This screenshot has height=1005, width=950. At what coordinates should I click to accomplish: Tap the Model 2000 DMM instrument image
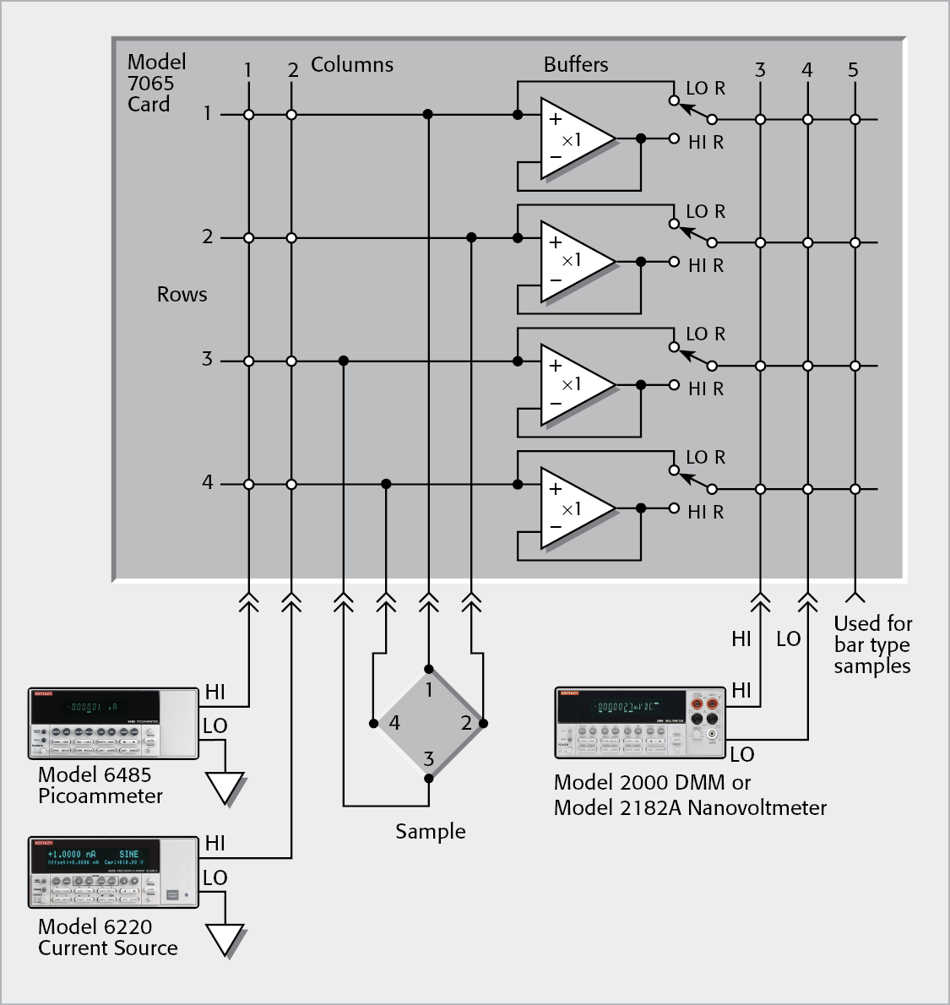coord(640,722)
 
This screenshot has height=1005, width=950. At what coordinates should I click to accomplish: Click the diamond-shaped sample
coord(428,723)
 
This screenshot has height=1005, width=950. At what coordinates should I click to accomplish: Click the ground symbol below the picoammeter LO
coord(225,789)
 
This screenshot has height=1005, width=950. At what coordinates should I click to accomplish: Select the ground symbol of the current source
coord(225,940)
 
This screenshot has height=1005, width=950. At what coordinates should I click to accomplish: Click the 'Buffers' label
coord(575,65)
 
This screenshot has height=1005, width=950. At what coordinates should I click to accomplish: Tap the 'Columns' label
coord(351,65)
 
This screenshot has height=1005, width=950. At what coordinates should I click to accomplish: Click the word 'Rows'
coord(182,295)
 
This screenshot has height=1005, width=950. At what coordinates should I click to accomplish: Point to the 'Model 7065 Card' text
coord(156,83)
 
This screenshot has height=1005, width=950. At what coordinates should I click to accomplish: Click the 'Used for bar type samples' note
coord(872,645)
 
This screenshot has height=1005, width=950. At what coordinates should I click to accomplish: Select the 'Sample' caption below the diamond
coord(430,832)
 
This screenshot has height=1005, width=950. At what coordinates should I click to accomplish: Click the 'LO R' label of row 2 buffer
coord(705,212)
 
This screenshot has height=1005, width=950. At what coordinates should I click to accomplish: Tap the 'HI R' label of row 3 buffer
coord(706,389)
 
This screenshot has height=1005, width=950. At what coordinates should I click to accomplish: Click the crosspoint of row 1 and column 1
coord(248,115)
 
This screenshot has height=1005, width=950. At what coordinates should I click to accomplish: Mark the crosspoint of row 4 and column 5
coord(855,489)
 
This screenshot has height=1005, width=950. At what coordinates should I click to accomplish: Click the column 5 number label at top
coord(853,70)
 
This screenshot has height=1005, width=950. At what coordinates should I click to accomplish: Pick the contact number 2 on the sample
coord(466,723)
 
